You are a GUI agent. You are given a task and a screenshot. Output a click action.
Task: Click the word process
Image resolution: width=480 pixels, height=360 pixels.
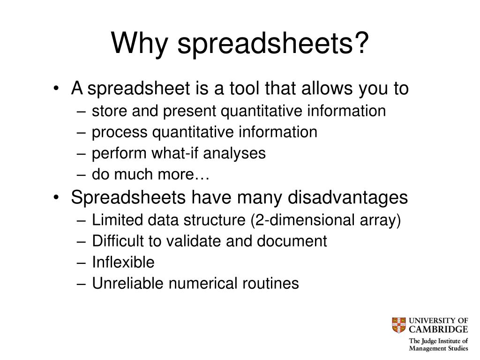(x=120, y=132)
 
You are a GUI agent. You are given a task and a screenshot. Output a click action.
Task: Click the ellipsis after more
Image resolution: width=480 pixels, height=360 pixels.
(x=203, y=174)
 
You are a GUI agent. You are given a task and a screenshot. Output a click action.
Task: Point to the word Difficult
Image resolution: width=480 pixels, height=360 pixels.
(x=119, y=241)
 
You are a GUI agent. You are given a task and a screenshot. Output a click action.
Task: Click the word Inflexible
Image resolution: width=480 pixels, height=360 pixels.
(x=123, y=262)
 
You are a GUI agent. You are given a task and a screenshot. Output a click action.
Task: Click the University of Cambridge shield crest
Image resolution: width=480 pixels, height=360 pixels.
(x=398, y=325)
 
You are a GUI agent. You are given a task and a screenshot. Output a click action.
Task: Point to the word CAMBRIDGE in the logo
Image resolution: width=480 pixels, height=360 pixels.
(x=438, y=330)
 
